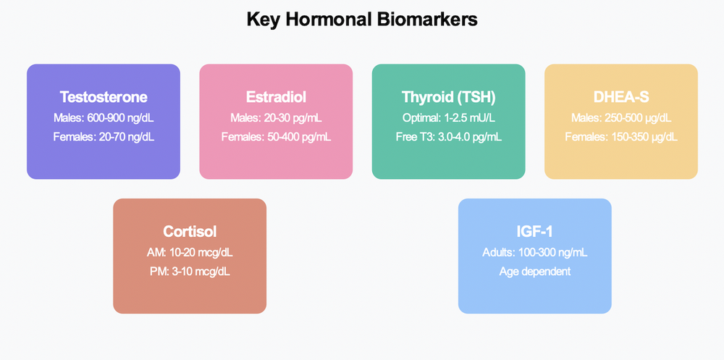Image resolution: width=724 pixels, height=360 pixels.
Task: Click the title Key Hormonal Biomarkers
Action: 362,20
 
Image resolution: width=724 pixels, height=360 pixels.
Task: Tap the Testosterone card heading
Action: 104,97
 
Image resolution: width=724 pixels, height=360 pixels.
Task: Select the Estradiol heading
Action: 276,97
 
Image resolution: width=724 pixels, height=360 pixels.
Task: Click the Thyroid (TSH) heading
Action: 448,97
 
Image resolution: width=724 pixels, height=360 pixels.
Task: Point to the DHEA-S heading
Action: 620,97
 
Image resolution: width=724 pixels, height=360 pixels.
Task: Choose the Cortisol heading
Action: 190,232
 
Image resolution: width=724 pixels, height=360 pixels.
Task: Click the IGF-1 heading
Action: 534,232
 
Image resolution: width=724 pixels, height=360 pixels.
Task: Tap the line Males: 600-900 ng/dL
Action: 104,117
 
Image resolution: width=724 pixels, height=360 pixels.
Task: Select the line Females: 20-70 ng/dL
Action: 104,135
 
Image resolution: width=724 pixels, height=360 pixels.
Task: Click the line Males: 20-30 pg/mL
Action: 276,117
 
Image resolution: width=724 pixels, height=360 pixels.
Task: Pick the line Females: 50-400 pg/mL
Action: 276,135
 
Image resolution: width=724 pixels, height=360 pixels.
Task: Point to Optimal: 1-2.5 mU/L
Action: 448,117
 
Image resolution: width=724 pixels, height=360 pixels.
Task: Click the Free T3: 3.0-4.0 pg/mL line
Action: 448,135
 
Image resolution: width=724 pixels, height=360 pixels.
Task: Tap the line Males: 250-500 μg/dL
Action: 620,117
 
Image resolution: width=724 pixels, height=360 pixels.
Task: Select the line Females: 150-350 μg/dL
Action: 620,135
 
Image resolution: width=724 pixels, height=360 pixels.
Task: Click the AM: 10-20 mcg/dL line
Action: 190,252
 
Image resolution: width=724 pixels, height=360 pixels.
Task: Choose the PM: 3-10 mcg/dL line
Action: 190,270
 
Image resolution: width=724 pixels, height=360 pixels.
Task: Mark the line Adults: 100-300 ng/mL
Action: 534,252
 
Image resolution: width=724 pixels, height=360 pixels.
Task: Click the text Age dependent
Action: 534,270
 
